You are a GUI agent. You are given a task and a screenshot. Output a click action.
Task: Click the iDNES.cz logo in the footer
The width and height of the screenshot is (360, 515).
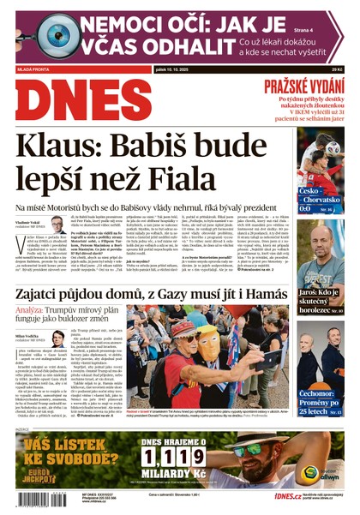[288, 496]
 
